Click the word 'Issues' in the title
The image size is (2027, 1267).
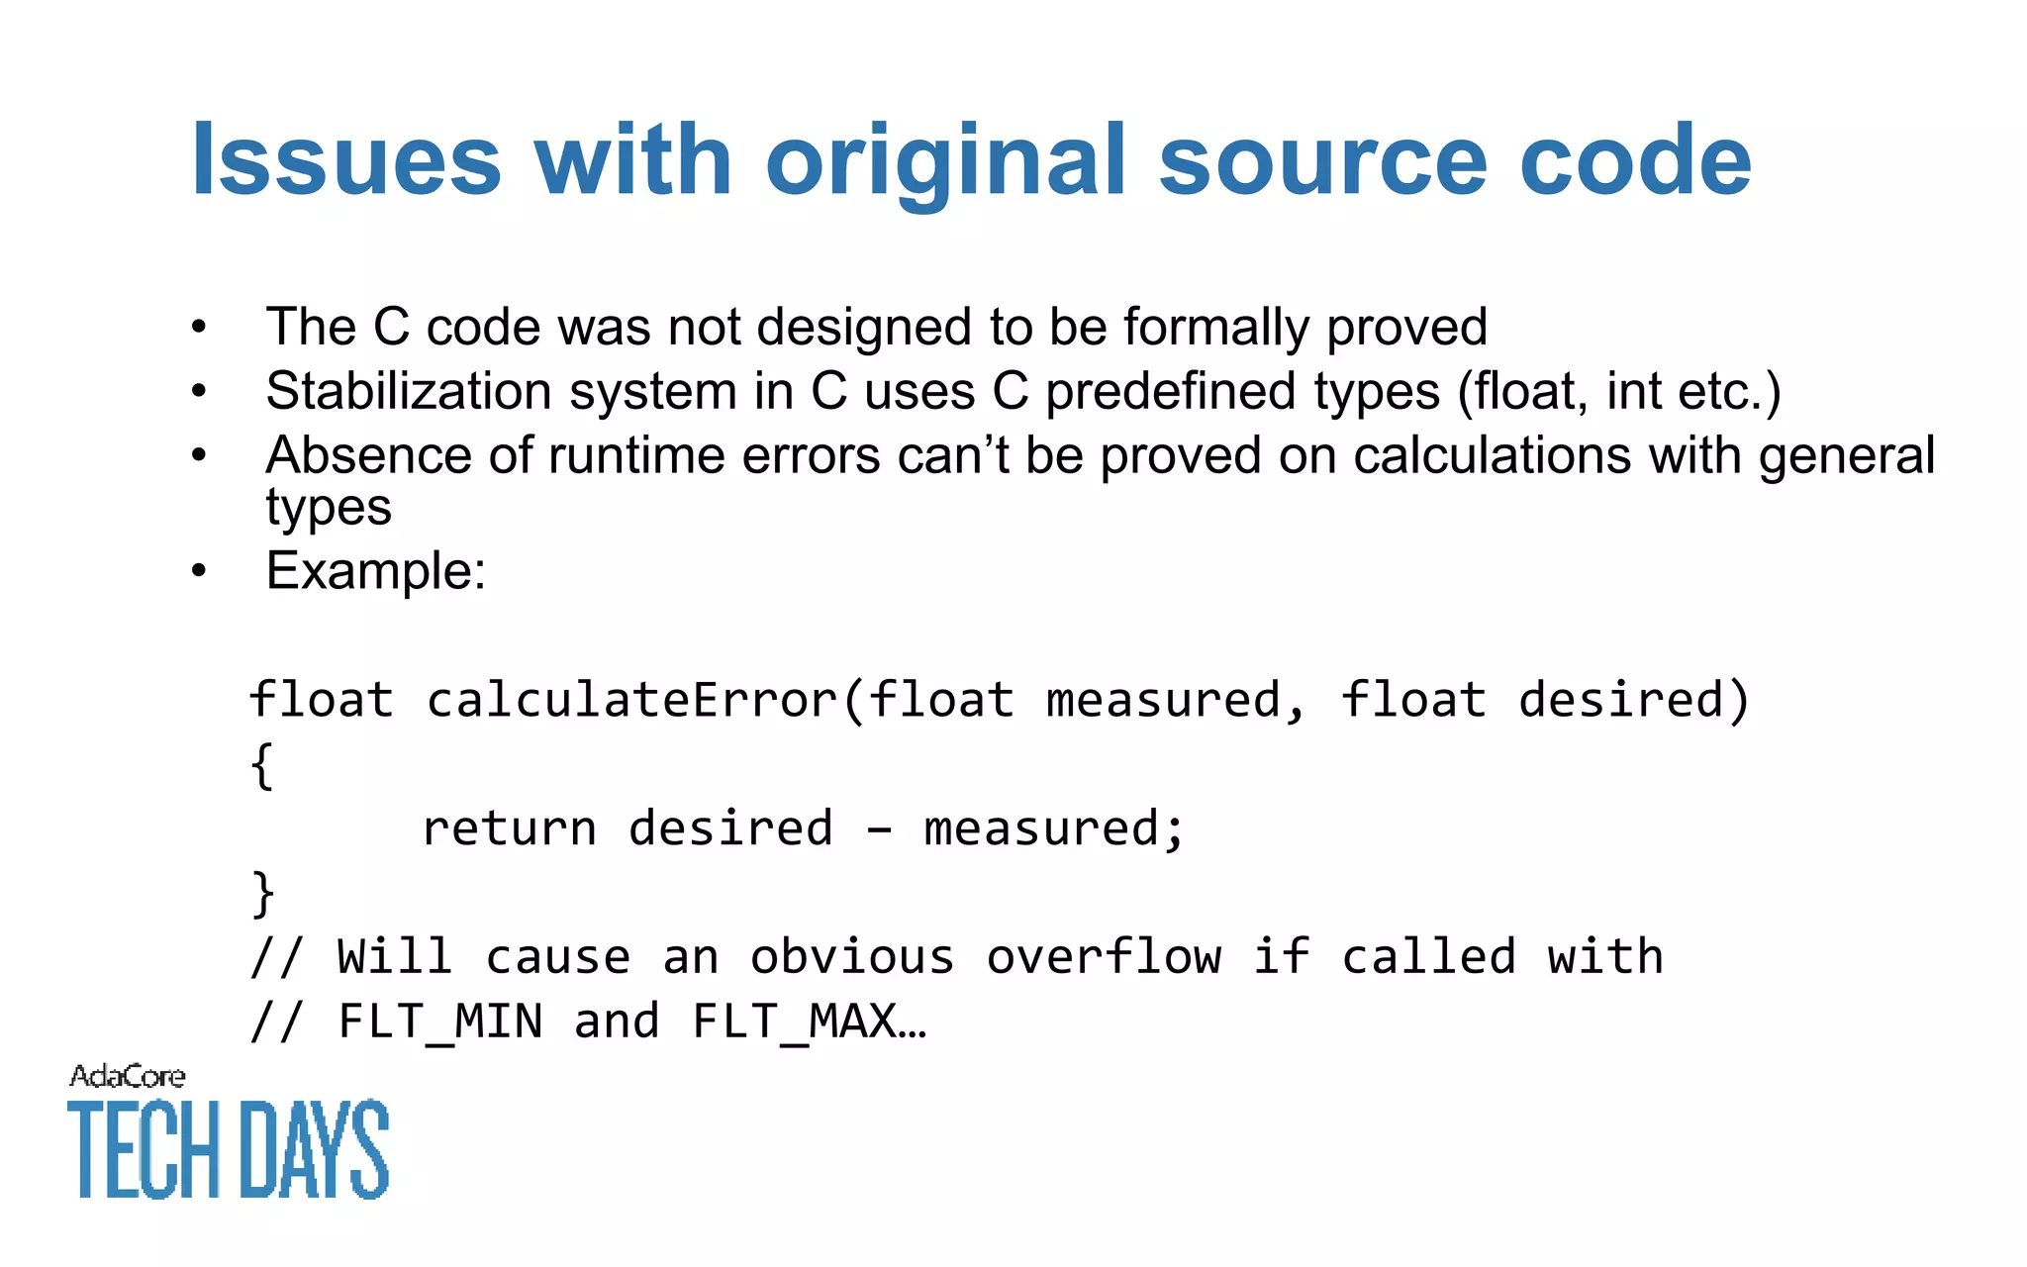pos(346,160)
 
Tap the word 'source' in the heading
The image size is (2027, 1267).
pos(1322,160)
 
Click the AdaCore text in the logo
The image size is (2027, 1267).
pos(127,1076)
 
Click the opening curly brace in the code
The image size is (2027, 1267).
pos(261,766)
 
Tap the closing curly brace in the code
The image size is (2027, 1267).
pos(261,894)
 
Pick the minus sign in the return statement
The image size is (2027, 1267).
pos(879,829)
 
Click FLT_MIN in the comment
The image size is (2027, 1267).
pos(440,1022)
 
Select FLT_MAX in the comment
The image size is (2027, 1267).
pos(795,1022)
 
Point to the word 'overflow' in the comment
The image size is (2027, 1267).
pos(1104,957)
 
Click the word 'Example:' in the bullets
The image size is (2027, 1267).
pos(376,571)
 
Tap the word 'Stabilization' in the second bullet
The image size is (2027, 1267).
pos(409,391)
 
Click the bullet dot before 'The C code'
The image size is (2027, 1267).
pos(199,327)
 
